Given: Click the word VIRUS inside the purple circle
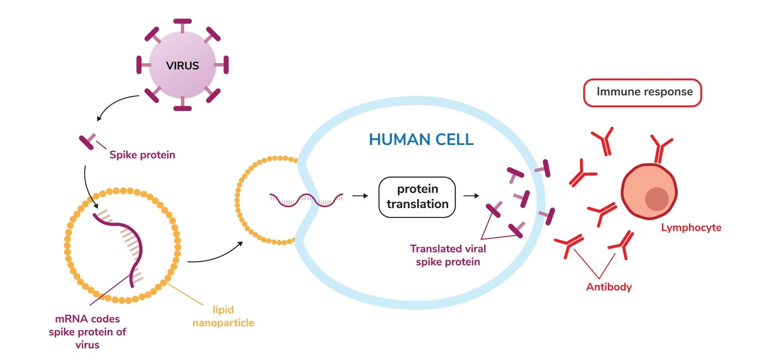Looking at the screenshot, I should [x=182, y=66].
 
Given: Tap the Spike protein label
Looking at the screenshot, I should [x=142, y=154].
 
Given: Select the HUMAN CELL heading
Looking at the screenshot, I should [x=421, y=139].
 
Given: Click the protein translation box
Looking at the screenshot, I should [x=417, y=197].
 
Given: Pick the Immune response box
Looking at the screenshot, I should [x=642, y=92].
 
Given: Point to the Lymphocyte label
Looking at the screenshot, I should [x=691, y=228].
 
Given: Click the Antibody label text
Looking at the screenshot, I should [x=609, y=287].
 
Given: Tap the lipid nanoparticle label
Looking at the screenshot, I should [x=223, y=316].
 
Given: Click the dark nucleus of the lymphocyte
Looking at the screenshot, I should [x=656, y=199].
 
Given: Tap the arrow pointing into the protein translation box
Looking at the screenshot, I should [x=360, y=196].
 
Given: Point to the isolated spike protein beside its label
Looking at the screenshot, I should [x=87, y=141].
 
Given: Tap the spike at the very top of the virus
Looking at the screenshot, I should [x=182, y=25].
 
